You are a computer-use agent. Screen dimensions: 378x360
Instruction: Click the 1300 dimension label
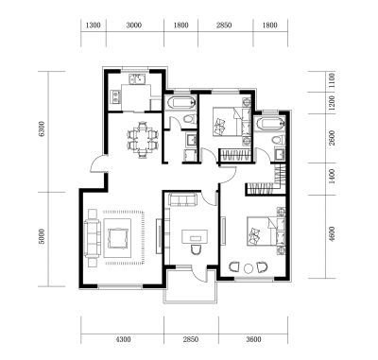(x=94, y=25)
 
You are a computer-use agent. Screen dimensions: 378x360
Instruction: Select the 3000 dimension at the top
(x=134, y=25)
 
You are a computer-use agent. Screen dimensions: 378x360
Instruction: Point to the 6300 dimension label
(x=43, y=129)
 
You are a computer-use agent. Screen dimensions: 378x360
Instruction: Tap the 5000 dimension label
(x=43, y=236)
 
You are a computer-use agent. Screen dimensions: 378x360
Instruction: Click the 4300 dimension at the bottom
(x=123, y=339)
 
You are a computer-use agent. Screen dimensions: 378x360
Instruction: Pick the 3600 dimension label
(x=253, y=339)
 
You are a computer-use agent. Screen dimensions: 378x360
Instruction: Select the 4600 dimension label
(x=332, y=234)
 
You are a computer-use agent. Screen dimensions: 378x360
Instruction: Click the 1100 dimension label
(x=332, y=81)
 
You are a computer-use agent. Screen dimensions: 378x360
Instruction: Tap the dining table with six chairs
(x=143, y=140)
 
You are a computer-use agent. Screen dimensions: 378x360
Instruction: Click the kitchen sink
(x=137, y=78)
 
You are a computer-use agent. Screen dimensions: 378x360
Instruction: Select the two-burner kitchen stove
(x=115, y=96)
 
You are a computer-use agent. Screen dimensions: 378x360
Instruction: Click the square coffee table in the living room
(x=118, y=238)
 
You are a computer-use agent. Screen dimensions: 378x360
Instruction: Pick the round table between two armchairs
(x=249, y=268)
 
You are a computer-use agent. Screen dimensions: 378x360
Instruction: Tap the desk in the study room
(x=195, y=236)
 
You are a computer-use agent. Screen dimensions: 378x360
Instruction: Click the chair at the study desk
(x=196, y=249)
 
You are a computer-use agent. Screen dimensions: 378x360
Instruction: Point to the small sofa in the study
(x=182, y=200)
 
